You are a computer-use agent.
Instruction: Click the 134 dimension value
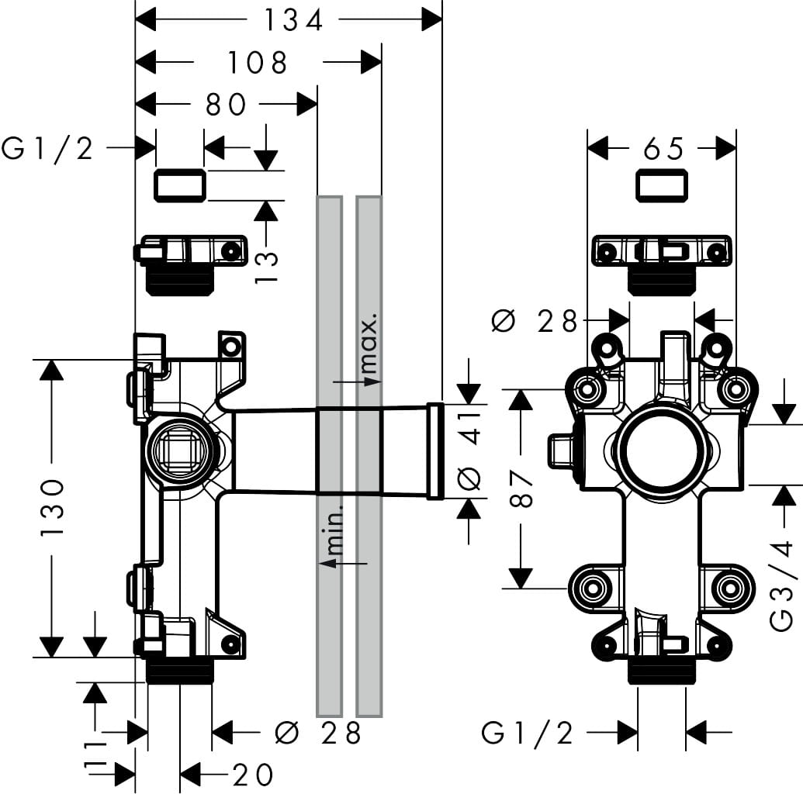pyautogui.click(x=292, y=21)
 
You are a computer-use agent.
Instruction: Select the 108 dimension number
pyautogui.click(x=258, y=62)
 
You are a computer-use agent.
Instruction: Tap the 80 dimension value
pyautogui.click(x=226, y=104)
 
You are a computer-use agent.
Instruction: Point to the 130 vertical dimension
pyautogui.click(x=51, y=508)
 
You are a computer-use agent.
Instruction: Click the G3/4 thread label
pyautogui.click(x=784, y=573)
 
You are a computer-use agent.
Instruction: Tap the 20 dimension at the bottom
pyautogui.click(x=253, y=774)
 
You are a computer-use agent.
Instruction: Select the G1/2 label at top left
pyautogui.click(x=48, y=147)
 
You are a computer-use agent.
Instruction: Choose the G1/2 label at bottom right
pyautogui.click(x=528, y=732)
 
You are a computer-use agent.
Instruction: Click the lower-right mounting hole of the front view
pyautogui.click(x=728, y=587)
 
